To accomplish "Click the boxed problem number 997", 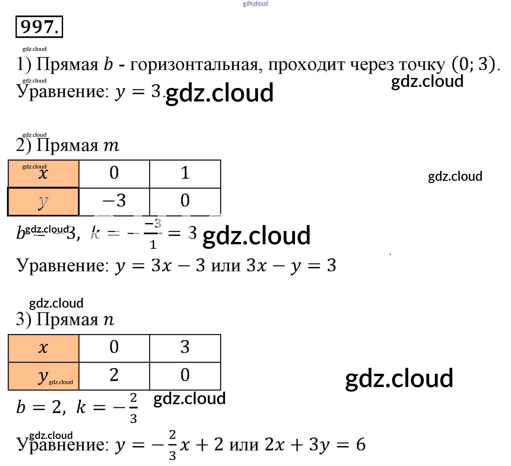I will (39, 26).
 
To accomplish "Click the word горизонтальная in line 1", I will (194, 64).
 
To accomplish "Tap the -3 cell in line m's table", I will (114, 201).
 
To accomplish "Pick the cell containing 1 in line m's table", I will (185, 173).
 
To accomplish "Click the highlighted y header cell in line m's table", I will (43, 202).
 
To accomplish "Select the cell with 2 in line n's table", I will (114, 375).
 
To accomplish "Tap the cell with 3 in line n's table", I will (185, 348).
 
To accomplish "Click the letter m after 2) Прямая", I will (111, 146).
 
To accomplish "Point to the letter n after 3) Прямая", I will (109, 320).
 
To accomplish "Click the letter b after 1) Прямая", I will (108, 64).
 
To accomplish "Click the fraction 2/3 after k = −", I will (133, 408).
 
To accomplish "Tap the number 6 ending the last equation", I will (361, 445).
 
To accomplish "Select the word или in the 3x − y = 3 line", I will (226, 265).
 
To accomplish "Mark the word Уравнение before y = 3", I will (63, 92).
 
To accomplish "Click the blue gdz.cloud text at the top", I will (255, 4).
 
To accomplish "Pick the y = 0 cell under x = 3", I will (185, 375).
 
